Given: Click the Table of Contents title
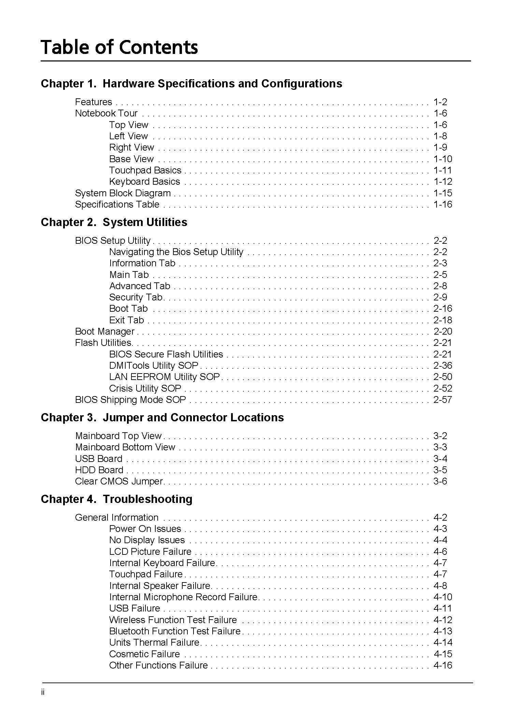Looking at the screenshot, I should (119, 47).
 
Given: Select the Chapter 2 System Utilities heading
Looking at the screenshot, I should (114, 222).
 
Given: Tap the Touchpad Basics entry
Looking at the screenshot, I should (145, 170).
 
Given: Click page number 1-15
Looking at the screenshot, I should (442, 193).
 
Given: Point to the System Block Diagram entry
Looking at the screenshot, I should (123, 193).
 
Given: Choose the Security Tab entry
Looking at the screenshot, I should (136, 297).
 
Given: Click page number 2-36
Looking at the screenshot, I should (442, 366).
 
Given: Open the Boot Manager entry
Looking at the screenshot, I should (105, 332).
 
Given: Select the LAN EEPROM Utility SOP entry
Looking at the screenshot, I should (165, 377).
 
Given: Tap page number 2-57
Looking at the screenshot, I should (442, 400).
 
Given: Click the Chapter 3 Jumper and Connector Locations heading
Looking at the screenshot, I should (162, 418).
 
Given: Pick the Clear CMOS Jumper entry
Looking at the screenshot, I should (119, 481).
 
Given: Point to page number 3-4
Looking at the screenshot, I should (440, 459).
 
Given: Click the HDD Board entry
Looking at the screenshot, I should (99, 470).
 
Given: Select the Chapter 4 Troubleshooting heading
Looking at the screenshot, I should (116, 499).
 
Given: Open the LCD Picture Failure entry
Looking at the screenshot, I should (150, 552).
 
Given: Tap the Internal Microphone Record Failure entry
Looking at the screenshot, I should (183, 597).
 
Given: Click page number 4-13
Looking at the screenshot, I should (442, 631).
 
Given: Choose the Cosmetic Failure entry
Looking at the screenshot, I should (144, 654).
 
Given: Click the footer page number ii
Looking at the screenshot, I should (43, 692).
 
